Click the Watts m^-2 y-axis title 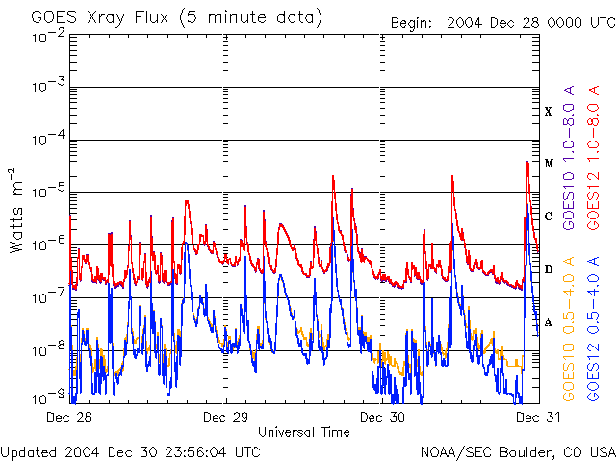point(16,210)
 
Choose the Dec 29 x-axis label point(226,418)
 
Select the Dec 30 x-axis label point(382,418)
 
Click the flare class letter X point(548,112)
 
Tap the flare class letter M point(548,164)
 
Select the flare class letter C point(548,217)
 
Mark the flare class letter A point(548,322)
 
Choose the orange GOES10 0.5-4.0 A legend point(570,327)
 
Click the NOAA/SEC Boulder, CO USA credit point(517,451)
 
